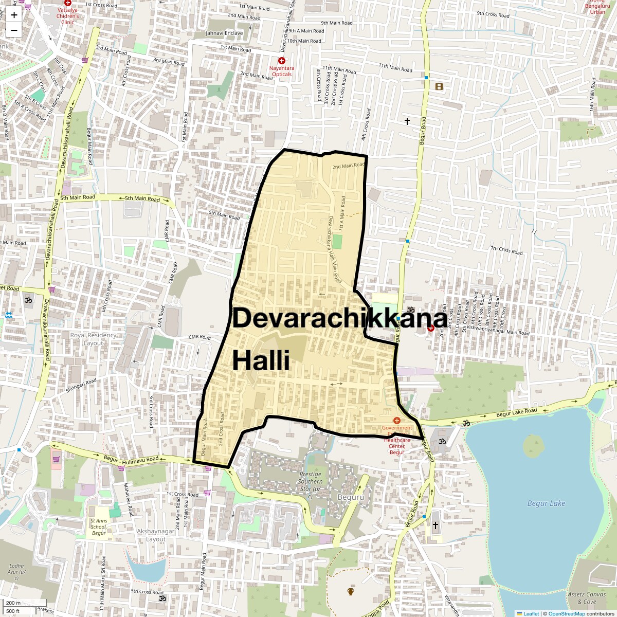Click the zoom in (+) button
point(14,14)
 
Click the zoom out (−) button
point(14,30)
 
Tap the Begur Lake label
point(546,503)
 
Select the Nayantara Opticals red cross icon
point(281,61)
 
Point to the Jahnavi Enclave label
point(224,33)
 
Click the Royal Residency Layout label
point(93,339)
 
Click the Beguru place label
point(351,497)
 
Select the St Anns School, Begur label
point(99,527)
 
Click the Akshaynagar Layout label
point(156,535)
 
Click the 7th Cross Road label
point(506,250)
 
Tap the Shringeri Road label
point(81,386)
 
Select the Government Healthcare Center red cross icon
point(396,421)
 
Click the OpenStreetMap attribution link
point(566,613)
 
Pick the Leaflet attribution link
point(531,613)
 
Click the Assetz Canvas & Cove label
point(586,598)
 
